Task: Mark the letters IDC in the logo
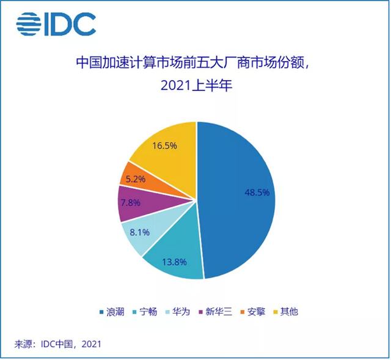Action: (70, 24)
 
